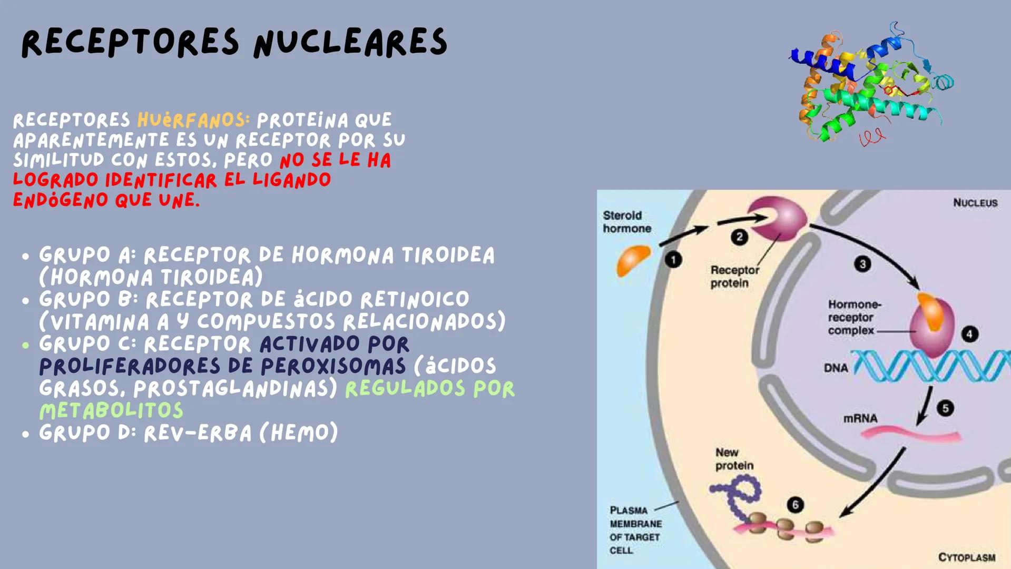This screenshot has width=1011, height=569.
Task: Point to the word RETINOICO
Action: click(x=415, y=299)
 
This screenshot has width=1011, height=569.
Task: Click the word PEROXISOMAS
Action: click(x=333, y=366)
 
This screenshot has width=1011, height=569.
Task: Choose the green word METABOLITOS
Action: click(x=111, y=410)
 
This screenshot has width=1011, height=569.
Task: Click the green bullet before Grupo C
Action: click(x=26, y=346)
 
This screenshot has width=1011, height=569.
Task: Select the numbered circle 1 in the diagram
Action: click(x=673, y=260)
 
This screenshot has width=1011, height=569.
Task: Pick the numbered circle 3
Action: click(x=862, y=263)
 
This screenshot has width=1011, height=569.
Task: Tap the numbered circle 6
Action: click(x=795, y=505)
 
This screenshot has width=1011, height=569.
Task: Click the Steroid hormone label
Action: click(x=627, y=222)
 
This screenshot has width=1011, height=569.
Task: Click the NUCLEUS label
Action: click(x=975, y=203)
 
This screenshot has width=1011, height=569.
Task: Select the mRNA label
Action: click(x=860, y=418)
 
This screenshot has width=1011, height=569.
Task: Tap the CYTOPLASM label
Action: click(x=967, y=557)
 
